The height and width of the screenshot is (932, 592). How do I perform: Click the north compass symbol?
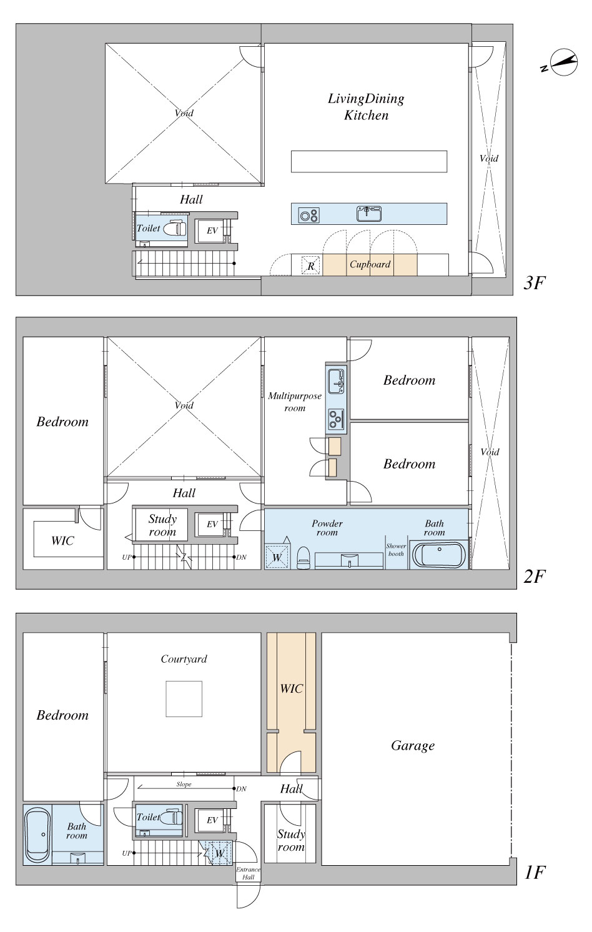coord(563,62)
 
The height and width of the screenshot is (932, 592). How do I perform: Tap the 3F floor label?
coord(534,283)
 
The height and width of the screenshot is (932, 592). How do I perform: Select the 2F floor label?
coord(534,577)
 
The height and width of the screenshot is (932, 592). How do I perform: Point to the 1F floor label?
coord(534,873)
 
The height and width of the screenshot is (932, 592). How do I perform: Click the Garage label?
coord(413,746)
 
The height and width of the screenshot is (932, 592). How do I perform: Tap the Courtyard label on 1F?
coord(184,659)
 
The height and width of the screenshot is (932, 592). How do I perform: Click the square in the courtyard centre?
coord(184,698)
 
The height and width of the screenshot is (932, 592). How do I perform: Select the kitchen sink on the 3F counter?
coord(369,214)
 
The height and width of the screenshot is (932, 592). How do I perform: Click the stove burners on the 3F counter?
coord(309,215)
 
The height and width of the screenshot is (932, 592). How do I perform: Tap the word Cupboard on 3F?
coord(370,264)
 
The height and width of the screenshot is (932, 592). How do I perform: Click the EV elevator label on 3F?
coord(212,231)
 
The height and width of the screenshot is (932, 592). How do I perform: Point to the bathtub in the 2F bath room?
coord(438,554)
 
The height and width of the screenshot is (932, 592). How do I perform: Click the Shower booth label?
coord(396,550)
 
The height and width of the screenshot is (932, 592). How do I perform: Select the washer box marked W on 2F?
coord(277,557)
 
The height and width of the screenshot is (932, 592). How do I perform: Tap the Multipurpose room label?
coord(295,402)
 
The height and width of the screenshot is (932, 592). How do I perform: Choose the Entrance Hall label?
coord(249,873)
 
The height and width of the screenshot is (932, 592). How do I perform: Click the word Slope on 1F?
coord(184,785)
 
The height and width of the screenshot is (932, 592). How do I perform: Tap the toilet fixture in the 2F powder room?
coord(303,558)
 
